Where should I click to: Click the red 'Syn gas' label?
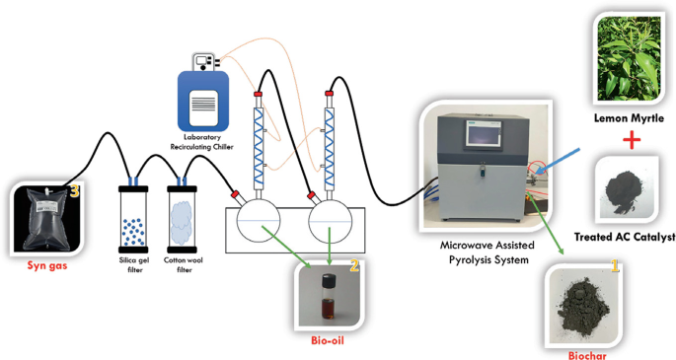(x=42, y=265)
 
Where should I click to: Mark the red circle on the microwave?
(x=536, y=171)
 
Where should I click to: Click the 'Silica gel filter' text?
(x=133, y=265)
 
